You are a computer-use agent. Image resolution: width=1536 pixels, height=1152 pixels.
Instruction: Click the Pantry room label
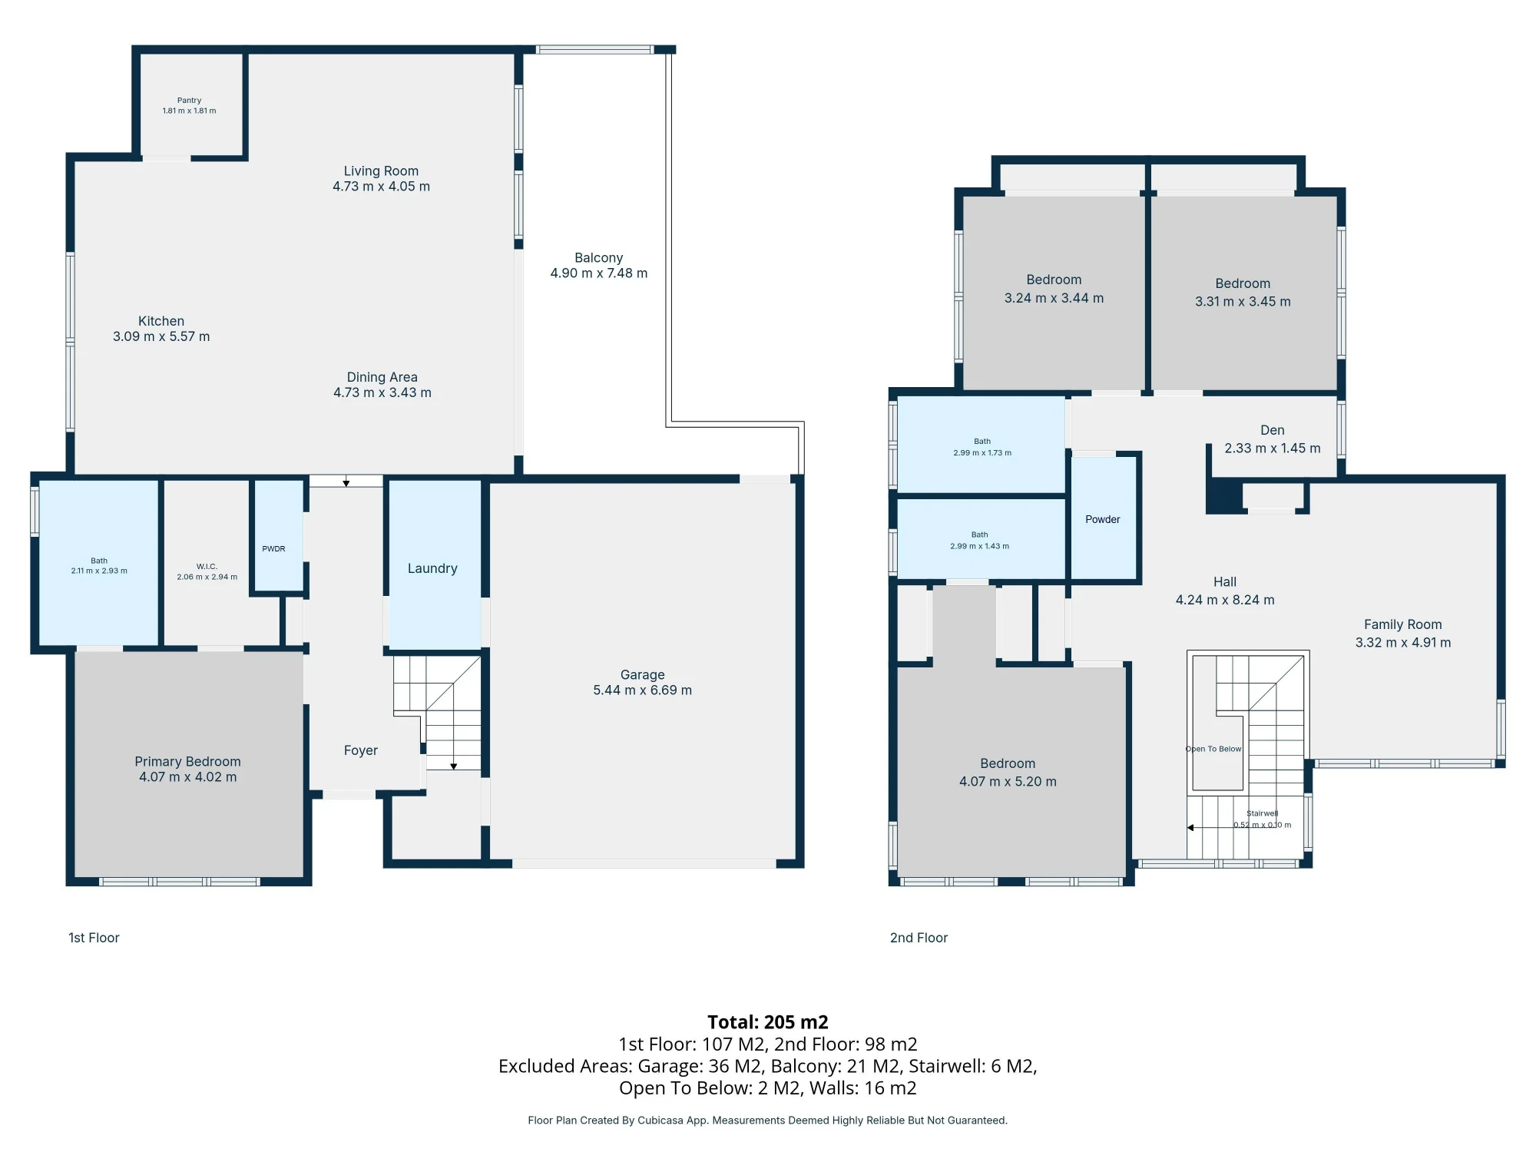point(189,100)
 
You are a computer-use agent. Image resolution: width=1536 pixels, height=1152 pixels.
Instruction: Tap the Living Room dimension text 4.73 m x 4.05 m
point(381,187)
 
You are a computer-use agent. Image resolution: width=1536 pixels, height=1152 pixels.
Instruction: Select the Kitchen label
point(161,321)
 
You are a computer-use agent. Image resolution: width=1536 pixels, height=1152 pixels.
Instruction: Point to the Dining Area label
point(382,377)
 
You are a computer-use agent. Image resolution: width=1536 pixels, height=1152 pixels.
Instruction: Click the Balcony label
point(599,258)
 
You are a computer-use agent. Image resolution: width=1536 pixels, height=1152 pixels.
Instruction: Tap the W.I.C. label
point(207,567)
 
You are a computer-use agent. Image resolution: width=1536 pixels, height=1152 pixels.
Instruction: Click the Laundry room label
point(432,568)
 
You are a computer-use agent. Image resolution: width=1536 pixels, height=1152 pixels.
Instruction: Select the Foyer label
point(361,750)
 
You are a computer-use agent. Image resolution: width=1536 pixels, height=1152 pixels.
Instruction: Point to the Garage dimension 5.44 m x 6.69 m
point(643,690)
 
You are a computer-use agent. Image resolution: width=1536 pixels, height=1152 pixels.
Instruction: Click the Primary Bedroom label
point(188,761)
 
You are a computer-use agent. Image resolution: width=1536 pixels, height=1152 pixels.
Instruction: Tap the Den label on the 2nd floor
point(1273,430)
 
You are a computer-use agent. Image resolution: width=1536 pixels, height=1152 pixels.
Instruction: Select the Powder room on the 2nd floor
point(1103,518)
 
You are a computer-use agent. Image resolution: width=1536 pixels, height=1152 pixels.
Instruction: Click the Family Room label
point(1403,624)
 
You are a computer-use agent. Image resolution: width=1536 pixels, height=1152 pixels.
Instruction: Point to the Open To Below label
point(1213,749)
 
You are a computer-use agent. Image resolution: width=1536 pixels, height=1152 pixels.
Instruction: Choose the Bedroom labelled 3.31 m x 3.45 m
point(1243,293)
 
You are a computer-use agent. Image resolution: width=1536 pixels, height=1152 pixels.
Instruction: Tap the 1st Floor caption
point(94,938)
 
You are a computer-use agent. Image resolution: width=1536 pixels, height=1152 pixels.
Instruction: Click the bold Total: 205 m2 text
point(768,1022)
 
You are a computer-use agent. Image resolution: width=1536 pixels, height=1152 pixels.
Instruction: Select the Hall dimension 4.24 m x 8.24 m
point(1225,600)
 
